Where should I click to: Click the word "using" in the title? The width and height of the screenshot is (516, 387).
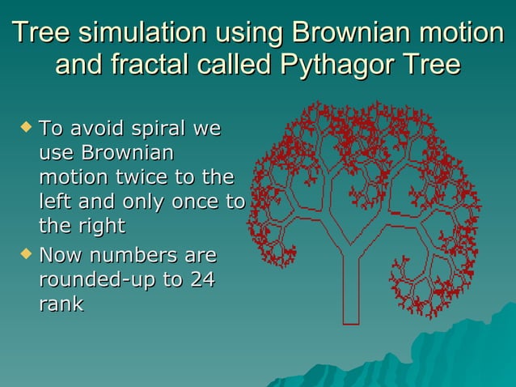tap(246, 34)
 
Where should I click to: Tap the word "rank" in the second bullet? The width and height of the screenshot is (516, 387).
tap(61, 305)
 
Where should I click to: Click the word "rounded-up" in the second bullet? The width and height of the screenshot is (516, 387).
tap(90, 281)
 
